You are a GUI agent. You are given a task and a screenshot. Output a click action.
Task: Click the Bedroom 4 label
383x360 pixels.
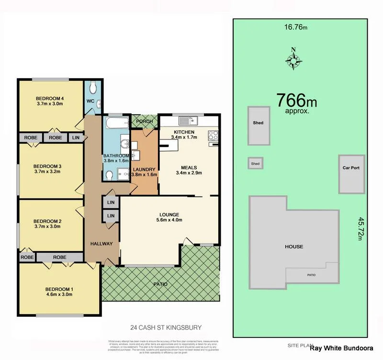[x=50, y=99]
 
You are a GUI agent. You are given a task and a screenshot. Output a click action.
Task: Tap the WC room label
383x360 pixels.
[x=90, y=101]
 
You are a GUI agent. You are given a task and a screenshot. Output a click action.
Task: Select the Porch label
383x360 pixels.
[x=144, y=121]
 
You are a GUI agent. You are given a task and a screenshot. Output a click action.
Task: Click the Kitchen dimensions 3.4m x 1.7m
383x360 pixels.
[x=184, y=138]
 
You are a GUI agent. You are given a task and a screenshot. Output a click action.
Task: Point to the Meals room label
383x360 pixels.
[x=190, y=168]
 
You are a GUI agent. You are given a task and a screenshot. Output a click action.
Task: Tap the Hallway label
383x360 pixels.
[x=101, y=244]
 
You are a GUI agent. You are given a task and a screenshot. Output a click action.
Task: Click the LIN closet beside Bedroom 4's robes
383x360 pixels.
[x=76, y=138]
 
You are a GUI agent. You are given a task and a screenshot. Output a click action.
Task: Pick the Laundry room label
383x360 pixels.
[x=144, y=170]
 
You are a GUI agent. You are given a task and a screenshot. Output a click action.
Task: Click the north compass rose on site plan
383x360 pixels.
[x=293, y=59]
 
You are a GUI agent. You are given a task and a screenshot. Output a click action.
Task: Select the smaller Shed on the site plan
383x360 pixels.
[x=255, y=164]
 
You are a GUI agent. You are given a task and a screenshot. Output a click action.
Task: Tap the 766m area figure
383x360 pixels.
[x=296, y=101]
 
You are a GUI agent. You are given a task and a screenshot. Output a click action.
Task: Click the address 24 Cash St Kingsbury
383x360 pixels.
[x=166, y=328]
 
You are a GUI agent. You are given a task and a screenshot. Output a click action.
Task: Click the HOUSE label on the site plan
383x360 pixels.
[x=294, y=247]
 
